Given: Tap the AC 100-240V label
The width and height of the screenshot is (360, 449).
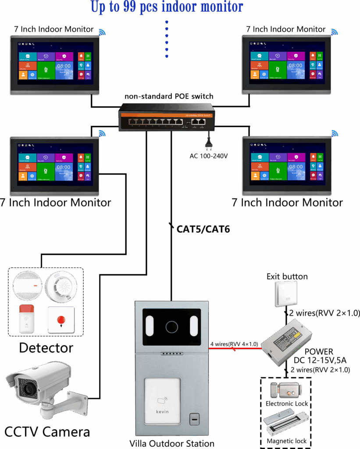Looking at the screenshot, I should coord(208,156).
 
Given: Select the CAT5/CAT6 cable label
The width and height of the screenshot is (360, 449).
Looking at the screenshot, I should coord(203,229).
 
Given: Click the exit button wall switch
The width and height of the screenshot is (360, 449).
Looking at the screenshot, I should coord(286,293).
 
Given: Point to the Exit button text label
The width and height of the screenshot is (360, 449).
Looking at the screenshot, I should coord(287,277).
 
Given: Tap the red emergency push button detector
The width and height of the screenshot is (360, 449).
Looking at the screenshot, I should coord(61,320).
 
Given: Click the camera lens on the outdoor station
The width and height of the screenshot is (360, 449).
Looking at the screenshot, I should coord(171,327).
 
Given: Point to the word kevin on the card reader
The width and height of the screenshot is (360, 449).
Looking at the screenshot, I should coord(162,412).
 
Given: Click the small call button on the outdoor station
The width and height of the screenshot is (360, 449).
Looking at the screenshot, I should coord(193,419).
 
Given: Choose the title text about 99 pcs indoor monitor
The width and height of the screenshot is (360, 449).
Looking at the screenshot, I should coord(167,7).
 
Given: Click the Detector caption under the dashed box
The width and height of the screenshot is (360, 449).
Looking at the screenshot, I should coord(46,348).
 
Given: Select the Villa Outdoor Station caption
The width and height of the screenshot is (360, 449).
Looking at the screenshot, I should coord(172,443).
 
